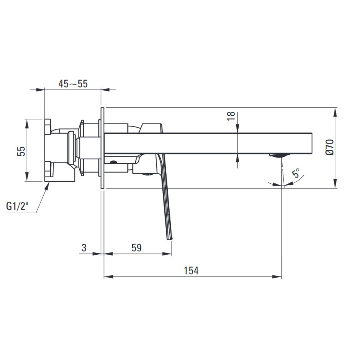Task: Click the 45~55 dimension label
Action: [x=73, y=84]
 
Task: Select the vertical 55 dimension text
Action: [x=21, y=151]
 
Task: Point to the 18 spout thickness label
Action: [x=231, y=116]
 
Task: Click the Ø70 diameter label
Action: [x=330, y=147]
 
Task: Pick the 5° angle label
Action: [x=296, y=173]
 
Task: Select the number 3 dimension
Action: [x=84, y=248]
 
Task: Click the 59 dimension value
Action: [x=137, y=248]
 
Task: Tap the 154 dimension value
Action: [x=191, y=271]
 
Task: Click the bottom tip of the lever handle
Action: [x=170, y=239]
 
